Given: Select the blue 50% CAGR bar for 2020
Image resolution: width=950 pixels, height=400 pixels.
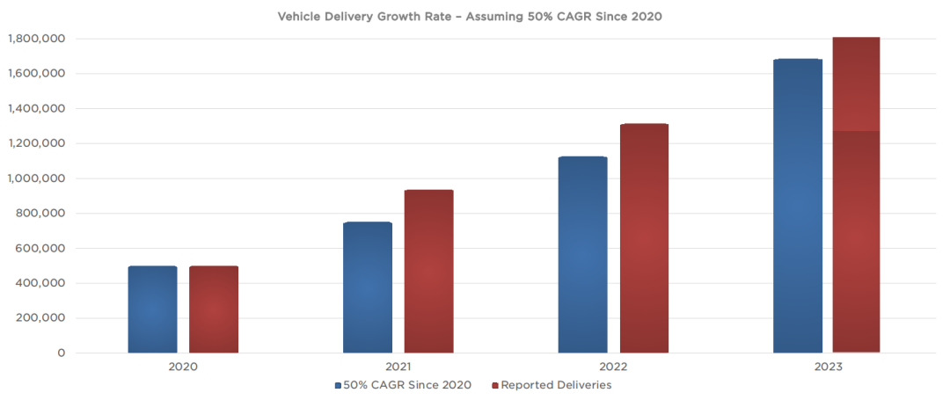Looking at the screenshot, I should (152, 309).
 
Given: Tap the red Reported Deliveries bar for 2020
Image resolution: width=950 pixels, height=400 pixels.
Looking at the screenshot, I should (214, 309).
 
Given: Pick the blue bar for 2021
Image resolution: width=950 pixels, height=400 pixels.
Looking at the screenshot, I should (368, 287).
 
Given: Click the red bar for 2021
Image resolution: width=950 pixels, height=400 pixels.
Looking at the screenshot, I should (428, 272).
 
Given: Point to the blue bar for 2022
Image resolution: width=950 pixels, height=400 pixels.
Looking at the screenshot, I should (582, 255).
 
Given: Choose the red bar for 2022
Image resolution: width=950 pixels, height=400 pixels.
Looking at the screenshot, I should (644, 238).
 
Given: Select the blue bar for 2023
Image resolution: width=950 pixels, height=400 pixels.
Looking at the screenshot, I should (798, 206).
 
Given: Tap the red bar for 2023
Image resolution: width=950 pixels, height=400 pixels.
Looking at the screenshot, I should (856, 195).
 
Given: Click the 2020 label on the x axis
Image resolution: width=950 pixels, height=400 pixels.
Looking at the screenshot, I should (183, 367).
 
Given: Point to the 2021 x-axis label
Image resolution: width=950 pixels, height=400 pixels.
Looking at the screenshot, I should (398, 367).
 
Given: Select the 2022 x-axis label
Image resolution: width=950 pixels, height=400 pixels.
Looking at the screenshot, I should (613, 367).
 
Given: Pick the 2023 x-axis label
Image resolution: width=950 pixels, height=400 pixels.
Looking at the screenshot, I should (828, 367).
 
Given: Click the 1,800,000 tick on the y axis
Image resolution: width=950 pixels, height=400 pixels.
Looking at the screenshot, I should (36, 39).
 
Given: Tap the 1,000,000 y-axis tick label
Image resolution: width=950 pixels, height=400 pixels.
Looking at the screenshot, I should (36, 178).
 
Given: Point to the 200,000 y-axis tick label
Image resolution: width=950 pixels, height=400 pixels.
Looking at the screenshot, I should (40, 318).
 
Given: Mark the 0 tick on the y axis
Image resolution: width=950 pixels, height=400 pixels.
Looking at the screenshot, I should (62, 353).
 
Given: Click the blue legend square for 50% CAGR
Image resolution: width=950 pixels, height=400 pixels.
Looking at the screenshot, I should (338, 386).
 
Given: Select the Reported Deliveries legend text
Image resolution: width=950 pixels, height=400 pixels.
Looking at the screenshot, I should (556, 385).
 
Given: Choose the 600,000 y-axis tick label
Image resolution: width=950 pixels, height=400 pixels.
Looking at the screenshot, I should (40, 249).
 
